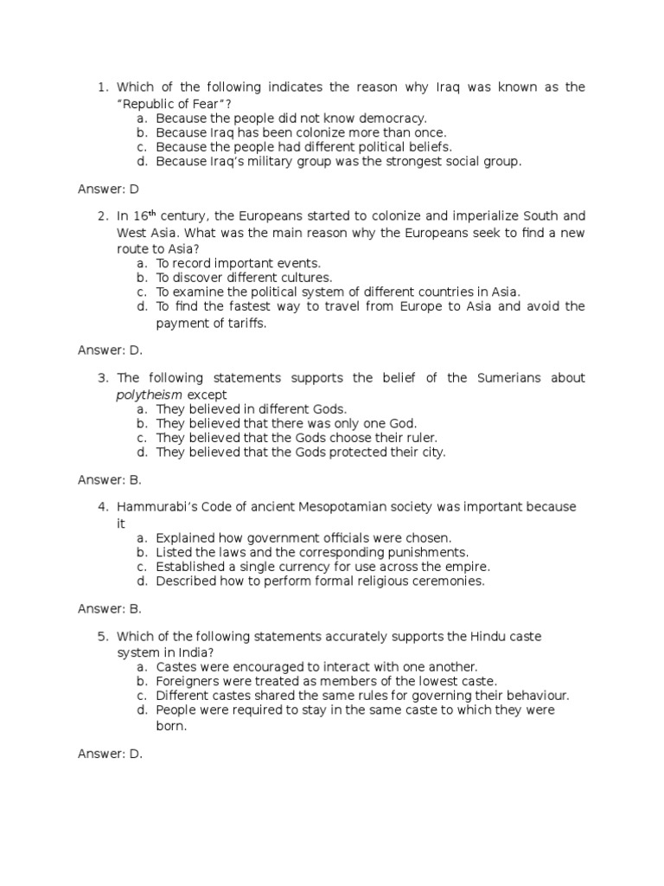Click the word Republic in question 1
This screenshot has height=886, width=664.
[x=150, y=103]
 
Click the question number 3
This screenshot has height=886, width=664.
[x=102, y=378]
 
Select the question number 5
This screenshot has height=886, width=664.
[x=102, y=637]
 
